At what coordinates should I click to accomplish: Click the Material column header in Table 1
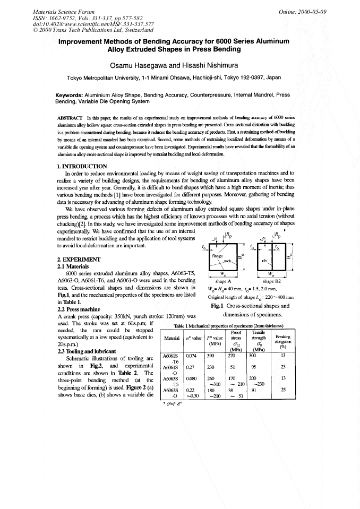(172, 338)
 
